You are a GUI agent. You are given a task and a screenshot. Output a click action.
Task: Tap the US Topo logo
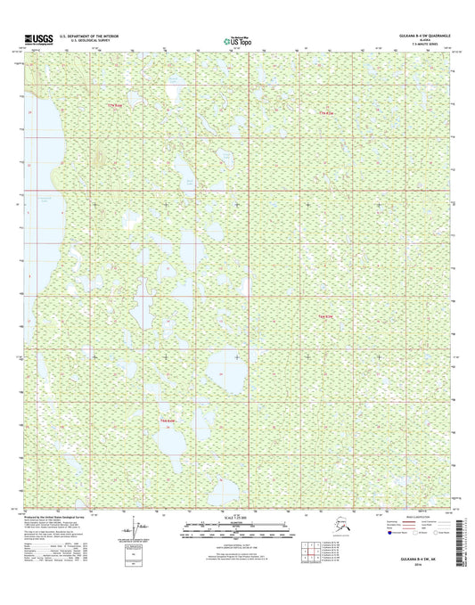(x=236, y=39)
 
